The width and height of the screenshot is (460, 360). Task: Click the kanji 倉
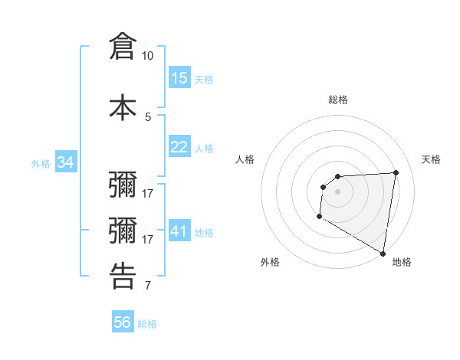[123, 46]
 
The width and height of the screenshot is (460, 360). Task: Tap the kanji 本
[123, 106]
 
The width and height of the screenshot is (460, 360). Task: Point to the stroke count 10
[148, 56]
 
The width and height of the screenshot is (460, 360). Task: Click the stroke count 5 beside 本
[148, 116]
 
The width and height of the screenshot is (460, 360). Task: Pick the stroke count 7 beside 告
[148, 286]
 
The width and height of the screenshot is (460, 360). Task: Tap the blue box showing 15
[179, 78]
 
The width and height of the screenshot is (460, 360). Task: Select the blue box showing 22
[179, 147]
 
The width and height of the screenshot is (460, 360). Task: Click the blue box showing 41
[179, 231]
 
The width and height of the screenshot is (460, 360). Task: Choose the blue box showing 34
[66, 162]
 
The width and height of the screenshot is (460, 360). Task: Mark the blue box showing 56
[123, 322]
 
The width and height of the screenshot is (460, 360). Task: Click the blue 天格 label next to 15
[204, 80]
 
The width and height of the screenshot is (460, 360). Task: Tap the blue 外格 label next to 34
[41, 164]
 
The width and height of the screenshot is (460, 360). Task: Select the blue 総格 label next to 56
[147, 324]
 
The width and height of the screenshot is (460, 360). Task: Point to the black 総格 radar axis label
[338, 100]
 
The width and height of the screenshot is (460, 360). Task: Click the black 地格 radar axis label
[402, 262]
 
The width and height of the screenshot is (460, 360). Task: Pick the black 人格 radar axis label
[245, 159]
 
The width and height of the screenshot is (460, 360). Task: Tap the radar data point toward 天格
[396, 172]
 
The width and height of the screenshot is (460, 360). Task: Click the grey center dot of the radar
[338, 191]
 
